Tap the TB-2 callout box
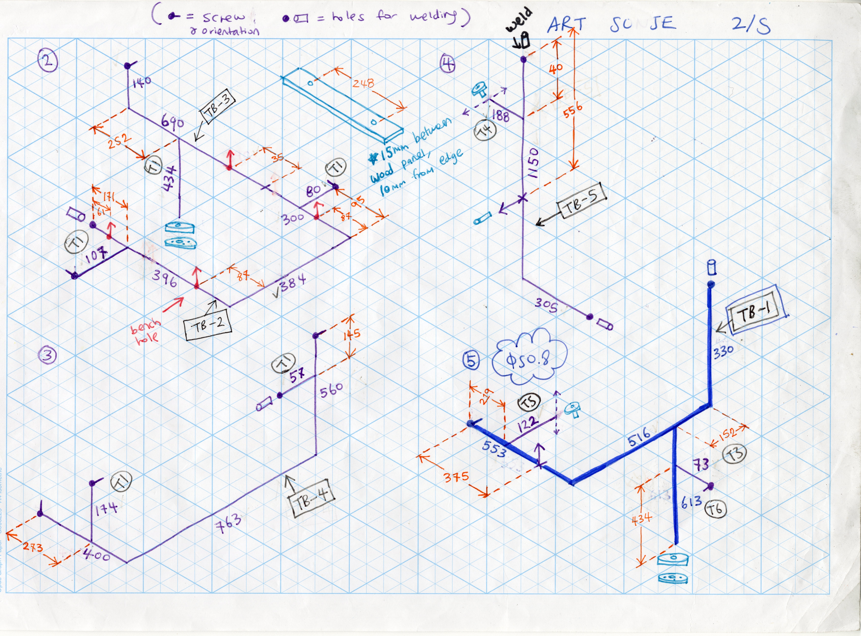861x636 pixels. coord(208,326)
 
